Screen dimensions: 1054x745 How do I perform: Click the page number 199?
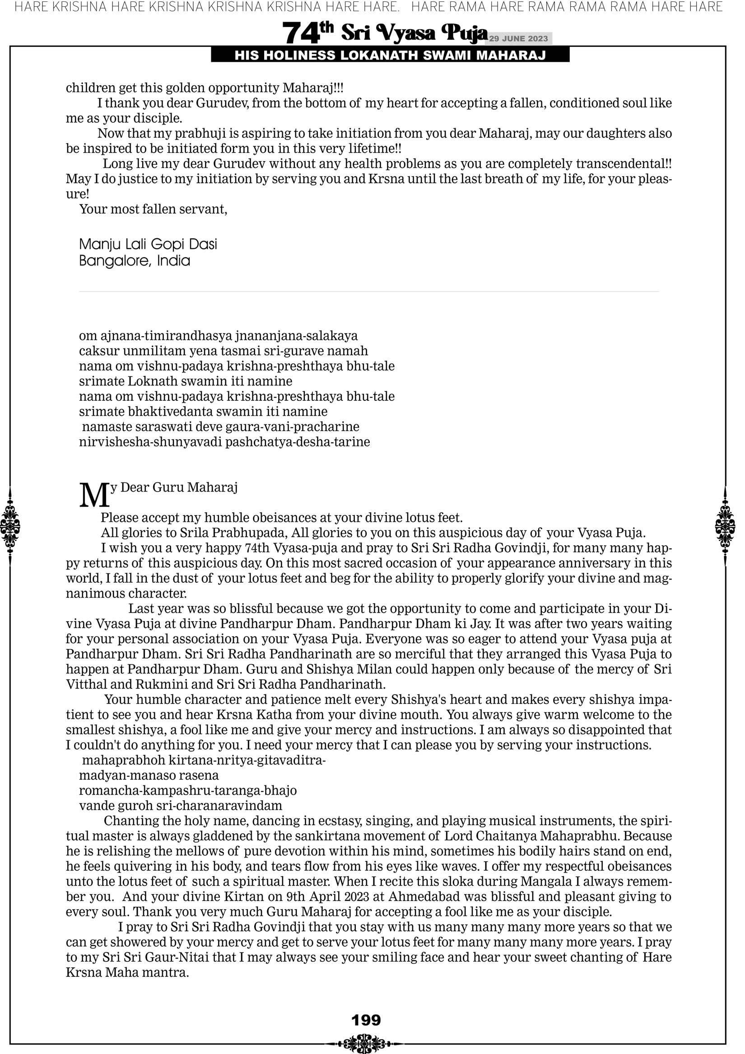click(366, 1020)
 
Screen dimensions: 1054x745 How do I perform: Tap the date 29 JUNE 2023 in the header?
click(518, 38)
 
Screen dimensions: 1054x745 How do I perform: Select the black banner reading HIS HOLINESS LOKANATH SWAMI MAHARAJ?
click(390, 56)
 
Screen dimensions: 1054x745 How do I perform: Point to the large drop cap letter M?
click(94, 496)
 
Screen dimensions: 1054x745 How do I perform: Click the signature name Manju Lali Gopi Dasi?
click(148, 244)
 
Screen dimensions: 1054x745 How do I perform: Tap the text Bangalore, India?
click(135, 261)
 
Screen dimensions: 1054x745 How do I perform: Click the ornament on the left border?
click(10, 526)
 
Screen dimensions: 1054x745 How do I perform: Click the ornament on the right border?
click(725, 526)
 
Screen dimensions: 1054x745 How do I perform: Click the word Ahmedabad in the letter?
click(417, 896)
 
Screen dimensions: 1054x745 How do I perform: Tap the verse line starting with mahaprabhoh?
click(204, 760)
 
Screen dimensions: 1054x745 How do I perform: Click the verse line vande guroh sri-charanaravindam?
click(181, 806)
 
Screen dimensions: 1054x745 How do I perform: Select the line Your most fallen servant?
click(153, 209)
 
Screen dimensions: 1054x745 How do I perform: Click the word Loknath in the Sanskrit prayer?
click(146, 381)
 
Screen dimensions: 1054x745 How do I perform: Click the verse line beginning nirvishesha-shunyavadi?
click(224, 442)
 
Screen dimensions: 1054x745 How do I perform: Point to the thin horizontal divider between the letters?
click(369, 292)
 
